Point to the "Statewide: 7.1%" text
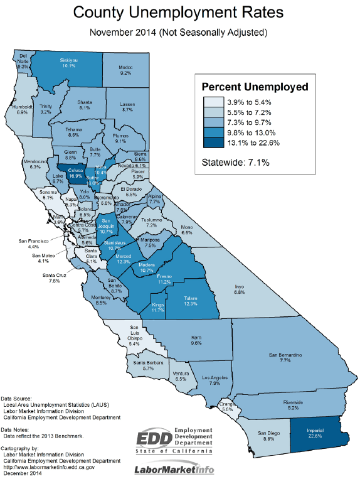tap(235, 163)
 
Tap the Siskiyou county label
tap(68, 63)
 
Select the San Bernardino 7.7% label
tap(286, 358)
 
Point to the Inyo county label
tap(239, 288)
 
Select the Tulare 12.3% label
tap(191, 301)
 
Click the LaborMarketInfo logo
tap(174, 470)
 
